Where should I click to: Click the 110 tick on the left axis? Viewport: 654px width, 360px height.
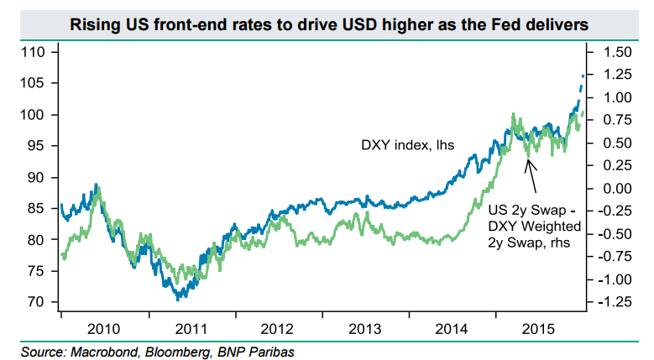tap(34, 52)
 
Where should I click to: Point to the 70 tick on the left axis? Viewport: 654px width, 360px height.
tap(38, 302)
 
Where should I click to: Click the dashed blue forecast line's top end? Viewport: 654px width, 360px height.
tap(583, 75)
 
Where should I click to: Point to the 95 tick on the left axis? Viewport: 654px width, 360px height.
tap(38, 146)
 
